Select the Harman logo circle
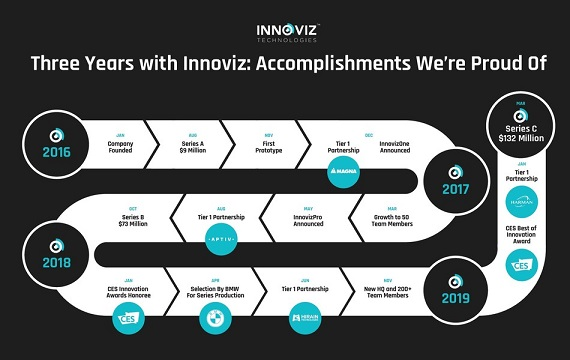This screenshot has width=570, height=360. tap(519, 205)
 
